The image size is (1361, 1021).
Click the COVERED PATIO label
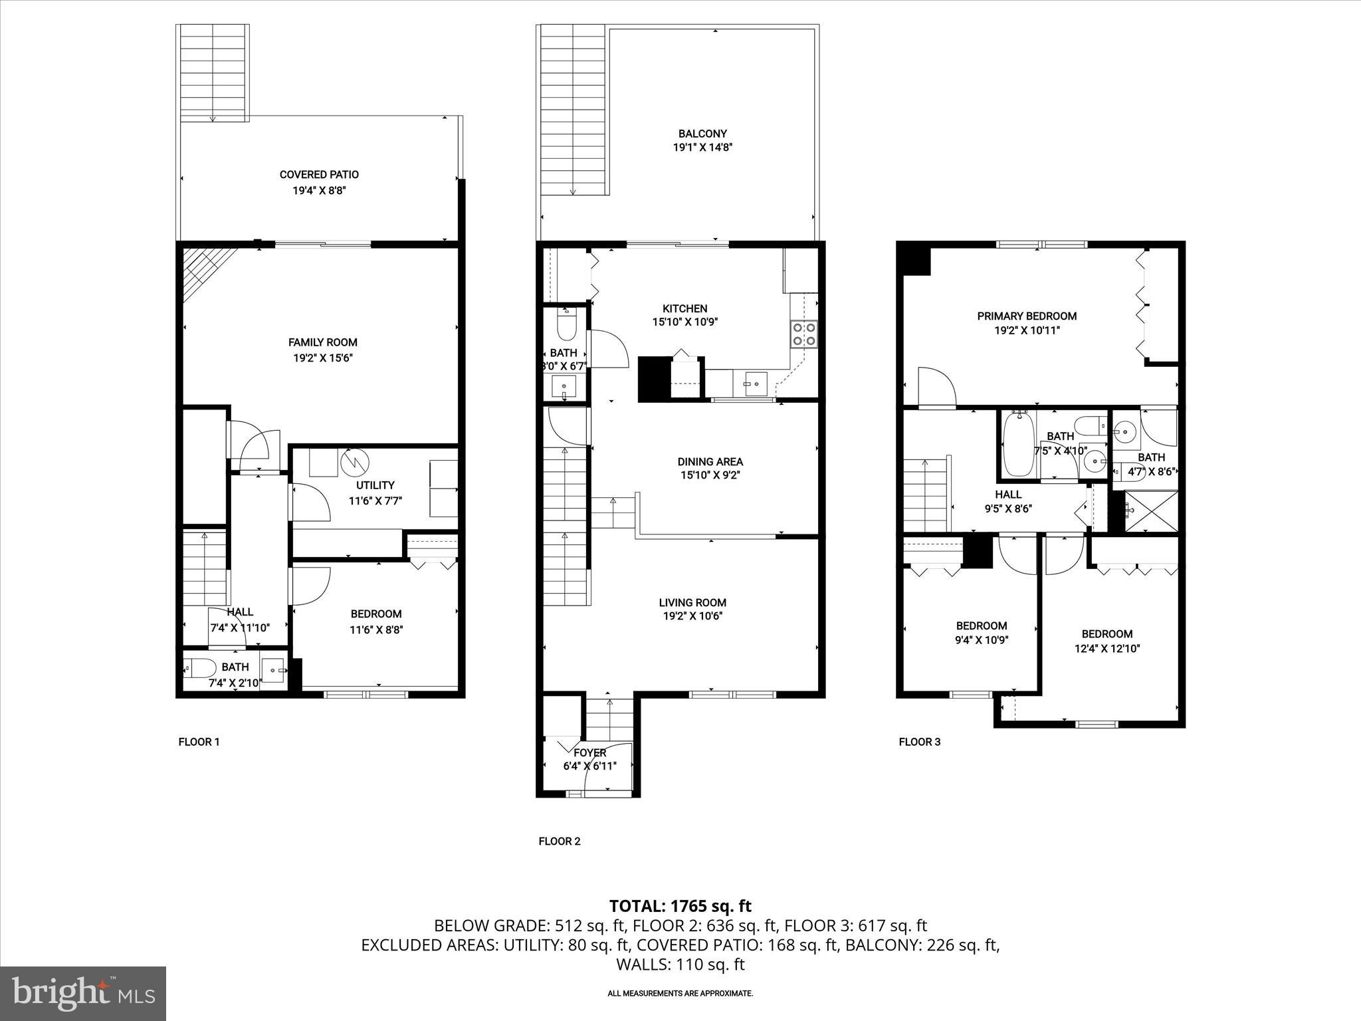pyautogui.click(x=319, y=175)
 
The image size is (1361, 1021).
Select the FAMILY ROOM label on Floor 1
pyautogui.click(x=322, y=342)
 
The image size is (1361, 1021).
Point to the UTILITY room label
pyautogui.click(x=375, y=485)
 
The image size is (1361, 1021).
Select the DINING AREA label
pyautogui.click(x=710, y=461)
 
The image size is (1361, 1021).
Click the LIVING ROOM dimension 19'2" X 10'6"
pyautogui.click(x=692, y=616)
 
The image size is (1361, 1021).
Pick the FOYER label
pyautogui.click(x=589, y=752)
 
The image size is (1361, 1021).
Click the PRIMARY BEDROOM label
pyautogui.click(x=1027, y=316)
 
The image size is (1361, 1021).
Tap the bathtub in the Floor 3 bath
pyautogui.click(x=1017, y=444)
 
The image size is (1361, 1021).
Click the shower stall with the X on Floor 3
pyautogui.click(x=1150, y=511)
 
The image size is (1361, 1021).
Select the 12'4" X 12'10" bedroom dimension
pyautogui.click(x=1106, y=649)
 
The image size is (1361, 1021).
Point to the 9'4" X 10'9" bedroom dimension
pyautogui.click(x=982, y=640)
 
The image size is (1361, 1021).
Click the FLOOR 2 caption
pyautogui.click(x=560, y=842)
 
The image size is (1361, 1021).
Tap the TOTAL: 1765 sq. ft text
pyautogui.click(x=680, y=906)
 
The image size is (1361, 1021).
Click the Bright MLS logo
pyautogui.click(x=83, y=993)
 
